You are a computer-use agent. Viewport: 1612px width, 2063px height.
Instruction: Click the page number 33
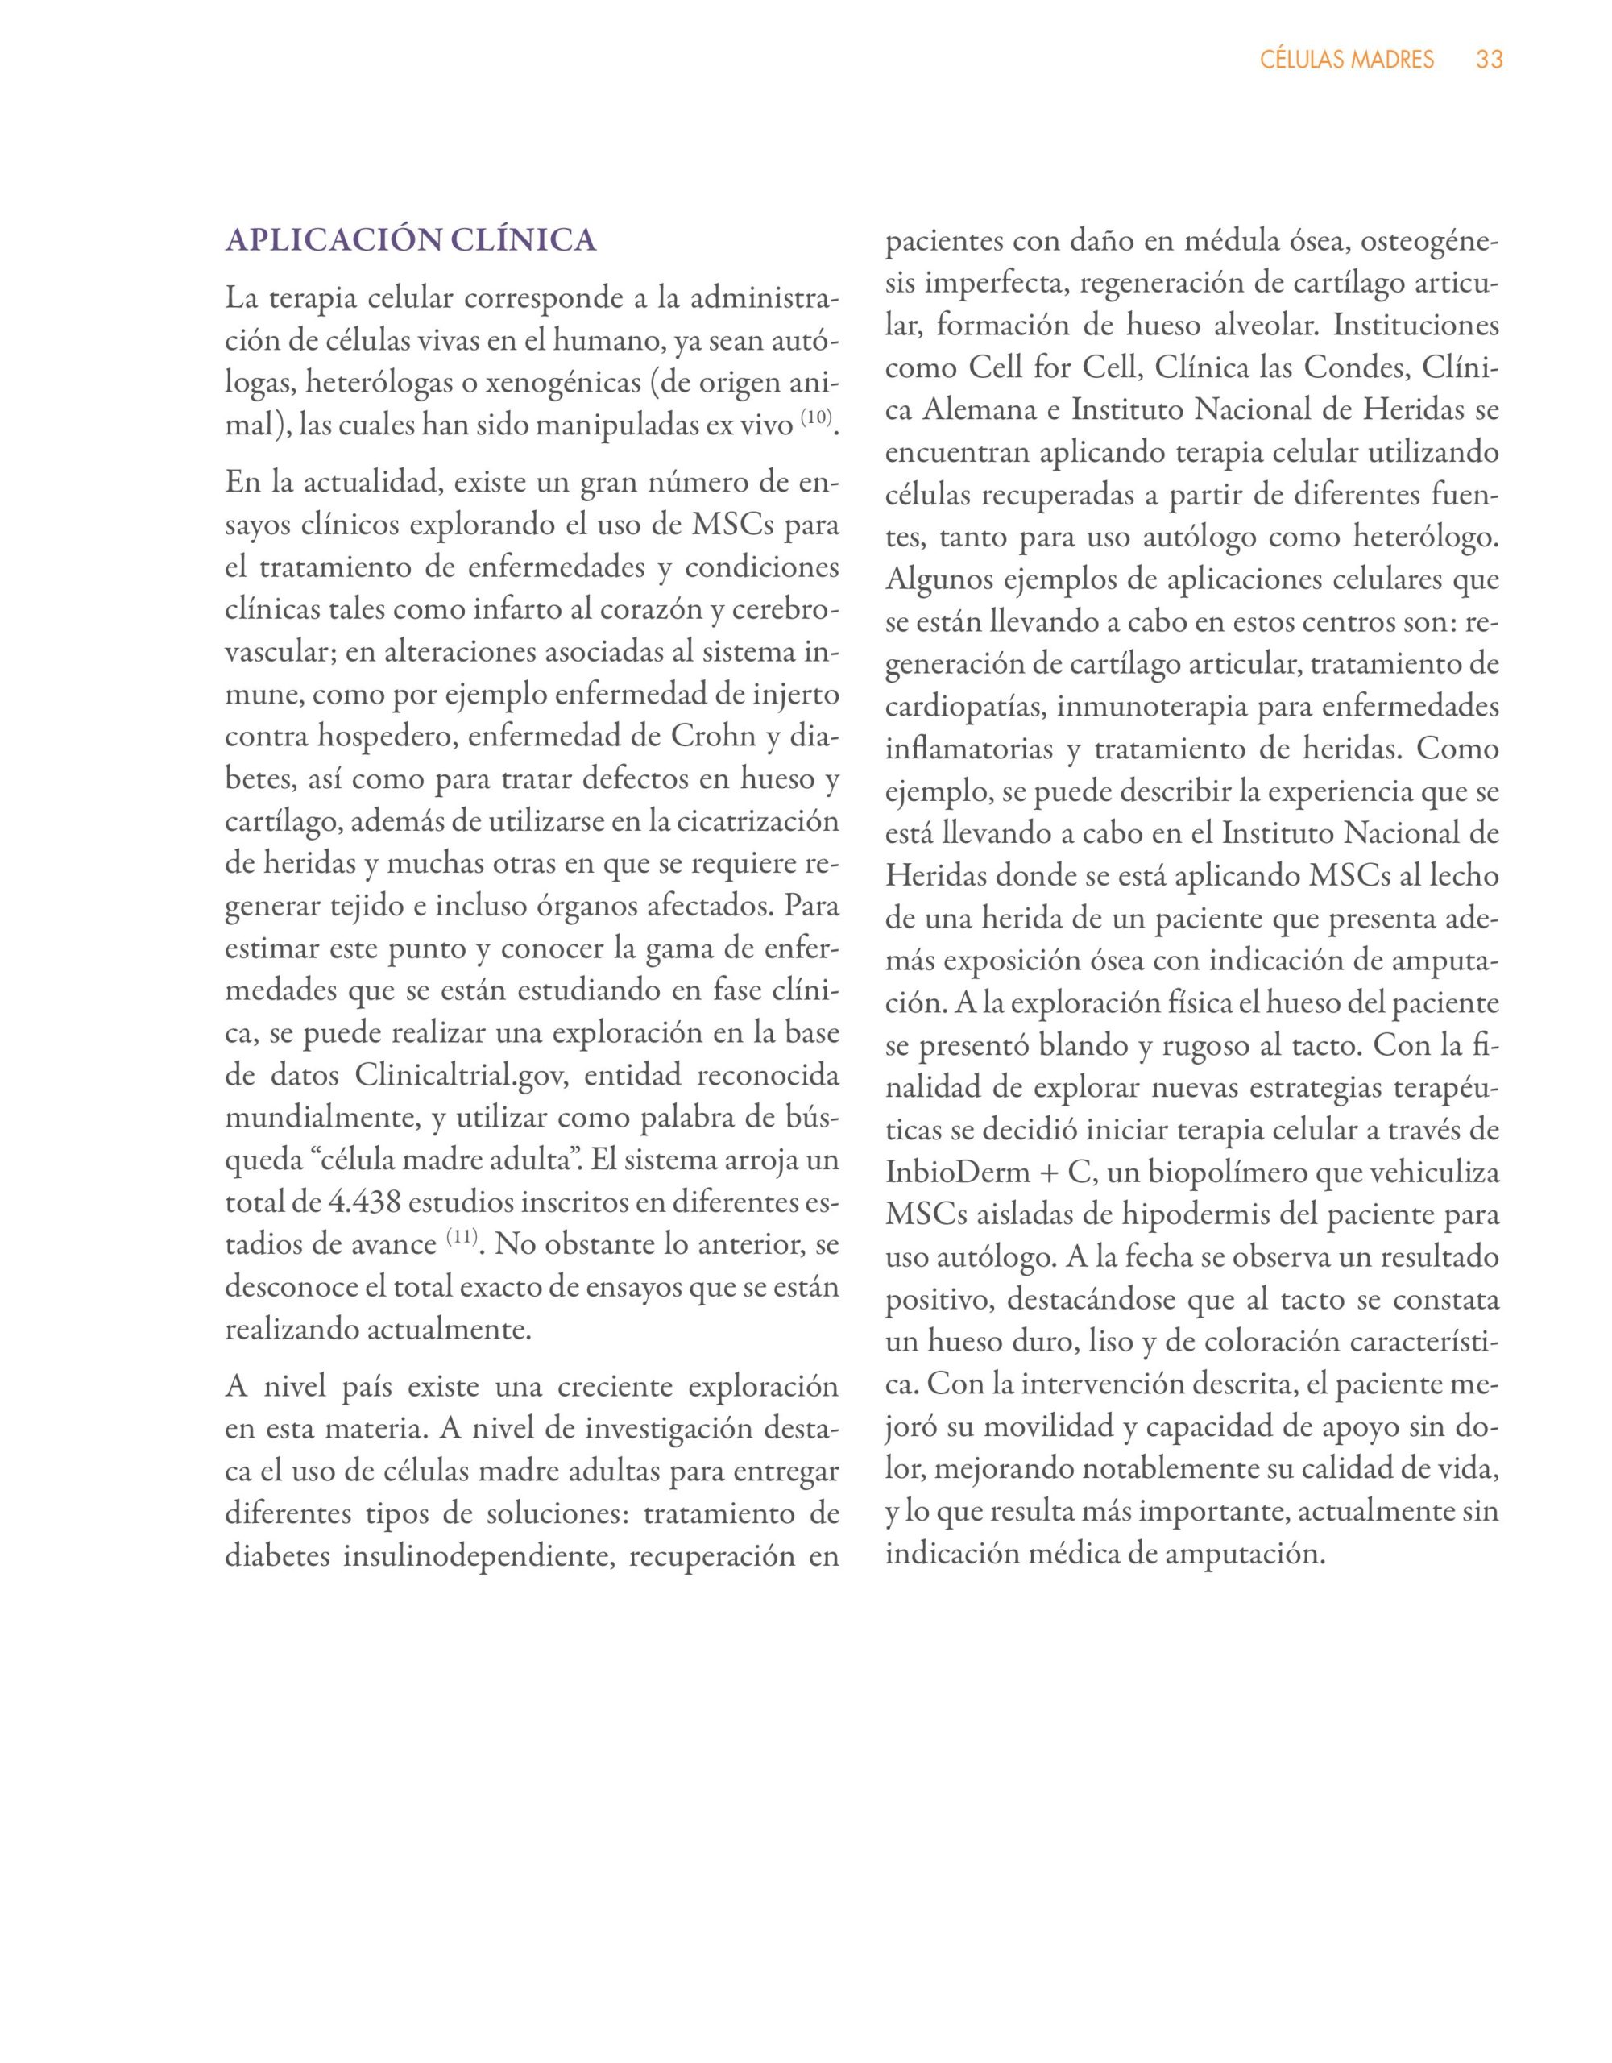click(x=1490, y=60)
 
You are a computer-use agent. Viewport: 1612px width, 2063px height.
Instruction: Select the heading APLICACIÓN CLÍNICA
click(x=411, y=240)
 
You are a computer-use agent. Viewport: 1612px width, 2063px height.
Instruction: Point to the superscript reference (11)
click(x=462, y=1235)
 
